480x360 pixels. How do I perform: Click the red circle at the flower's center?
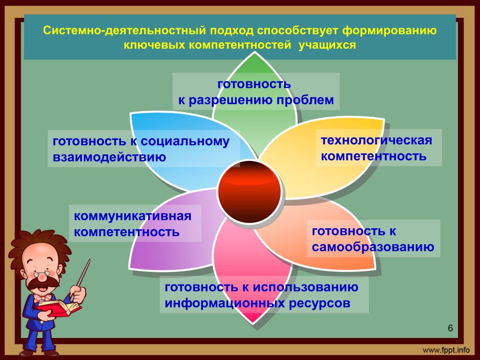pos(249,192)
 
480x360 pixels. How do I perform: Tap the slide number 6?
pos(450,328)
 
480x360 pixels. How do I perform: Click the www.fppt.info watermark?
pos(446,350)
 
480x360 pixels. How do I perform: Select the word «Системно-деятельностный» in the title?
pos(124,31)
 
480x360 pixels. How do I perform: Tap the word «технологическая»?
pos(376,140)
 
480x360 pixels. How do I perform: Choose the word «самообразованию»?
pos(373,247)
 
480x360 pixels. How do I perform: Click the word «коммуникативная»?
pos(133,216)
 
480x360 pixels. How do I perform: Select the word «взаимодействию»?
pos(109,157)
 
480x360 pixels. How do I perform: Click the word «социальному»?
pos(185,142)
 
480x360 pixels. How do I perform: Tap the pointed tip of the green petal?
pos(255,52)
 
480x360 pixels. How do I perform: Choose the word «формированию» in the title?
pos(390,31)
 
